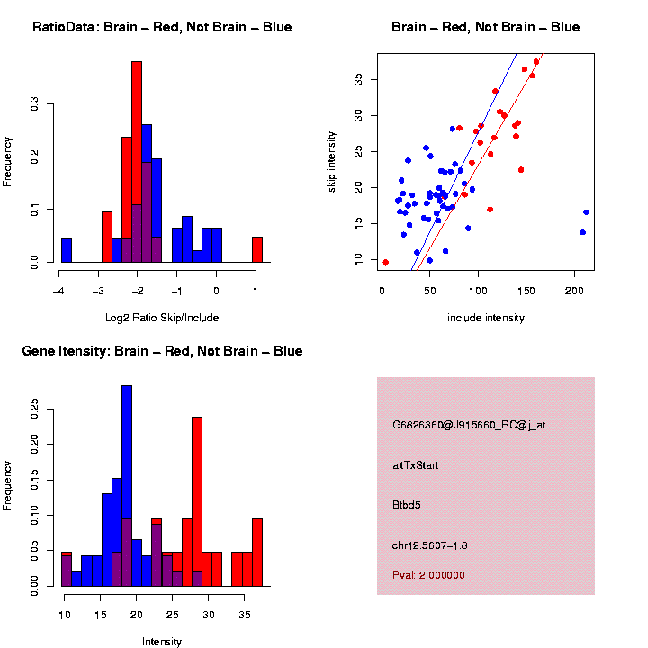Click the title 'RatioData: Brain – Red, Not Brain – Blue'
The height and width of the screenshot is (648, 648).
click(162, 27)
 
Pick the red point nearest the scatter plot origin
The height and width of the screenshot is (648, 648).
click(385, 262)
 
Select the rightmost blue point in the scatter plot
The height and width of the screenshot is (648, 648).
click(586, 212)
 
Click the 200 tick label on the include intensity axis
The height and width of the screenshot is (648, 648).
click(574, 291)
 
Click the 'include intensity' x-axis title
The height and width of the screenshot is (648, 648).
click(486, 318)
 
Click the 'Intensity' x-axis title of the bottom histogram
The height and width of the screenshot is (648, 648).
click(162, 642)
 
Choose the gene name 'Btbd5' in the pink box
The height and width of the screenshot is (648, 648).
click(407, 504)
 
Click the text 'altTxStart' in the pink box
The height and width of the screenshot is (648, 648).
click(416, 465)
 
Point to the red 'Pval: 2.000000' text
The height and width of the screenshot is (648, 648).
click(428, 574)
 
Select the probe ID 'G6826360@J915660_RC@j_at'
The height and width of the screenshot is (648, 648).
click(469, 425)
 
